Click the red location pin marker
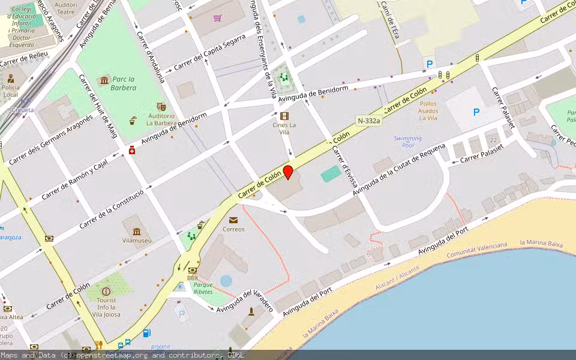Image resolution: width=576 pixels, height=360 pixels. (288, 172)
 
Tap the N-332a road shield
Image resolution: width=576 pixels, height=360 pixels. (368, 121)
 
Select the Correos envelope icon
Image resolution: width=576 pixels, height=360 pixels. (233, 220)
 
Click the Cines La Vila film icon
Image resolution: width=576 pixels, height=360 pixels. (284, 116)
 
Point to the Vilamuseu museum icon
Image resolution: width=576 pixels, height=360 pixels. (137, 232)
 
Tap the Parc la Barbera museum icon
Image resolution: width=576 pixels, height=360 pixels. (106, 79)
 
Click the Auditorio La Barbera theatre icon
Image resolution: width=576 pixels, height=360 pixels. (161, 106)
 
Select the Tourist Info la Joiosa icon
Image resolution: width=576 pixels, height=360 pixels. (106, 292)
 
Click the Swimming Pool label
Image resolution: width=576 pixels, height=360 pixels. (408, 142)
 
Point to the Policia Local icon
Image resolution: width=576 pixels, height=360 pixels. (11, 78)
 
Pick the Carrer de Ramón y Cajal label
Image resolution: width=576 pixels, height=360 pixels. (74, 180)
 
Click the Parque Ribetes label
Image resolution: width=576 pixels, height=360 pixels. (203, 288)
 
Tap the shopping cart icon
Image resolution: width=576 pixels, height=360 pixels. (217, 17)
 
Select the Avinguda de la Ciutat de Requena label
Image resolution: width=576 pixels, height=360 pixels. (399, 170)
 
